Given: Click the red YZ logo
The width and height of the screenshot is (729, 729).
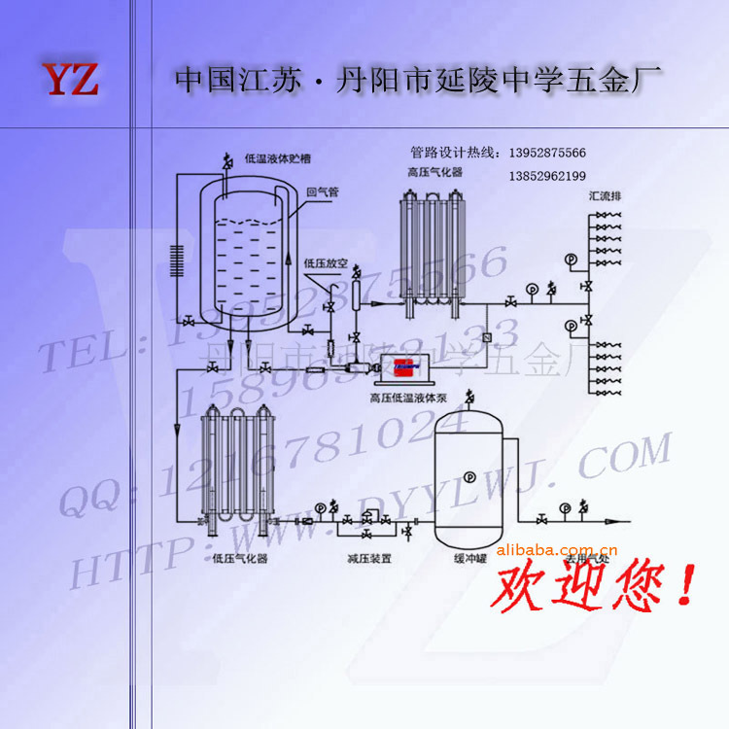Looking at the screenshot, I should (x=70, y=80).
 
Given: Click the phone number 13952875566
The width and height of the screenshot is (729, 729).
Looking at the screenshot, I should (x=547, y=153).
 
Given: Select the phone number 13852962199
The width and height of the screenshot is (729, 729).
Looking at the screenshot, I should (x=547, y=176).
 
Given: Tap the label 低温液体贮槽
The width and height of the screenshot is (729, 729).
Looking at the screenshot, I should (x=277, y=157).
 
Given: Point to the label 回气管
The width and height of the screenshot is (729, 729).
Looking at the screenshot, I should (x=322, y=192).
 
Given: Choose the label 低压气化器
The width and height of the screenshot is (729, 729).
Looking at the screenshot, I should (x=239, y=559).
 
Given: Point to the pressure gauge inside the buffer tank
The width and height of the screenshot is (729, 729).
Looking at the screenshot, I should (x=469, y=476).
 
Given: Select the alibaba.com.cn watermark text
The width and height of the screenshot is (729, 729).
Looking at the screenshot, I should (x=550, y=550).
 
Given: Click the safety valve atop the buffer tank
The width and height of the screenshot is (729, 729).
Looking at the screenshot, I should (x=469, y=396).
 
